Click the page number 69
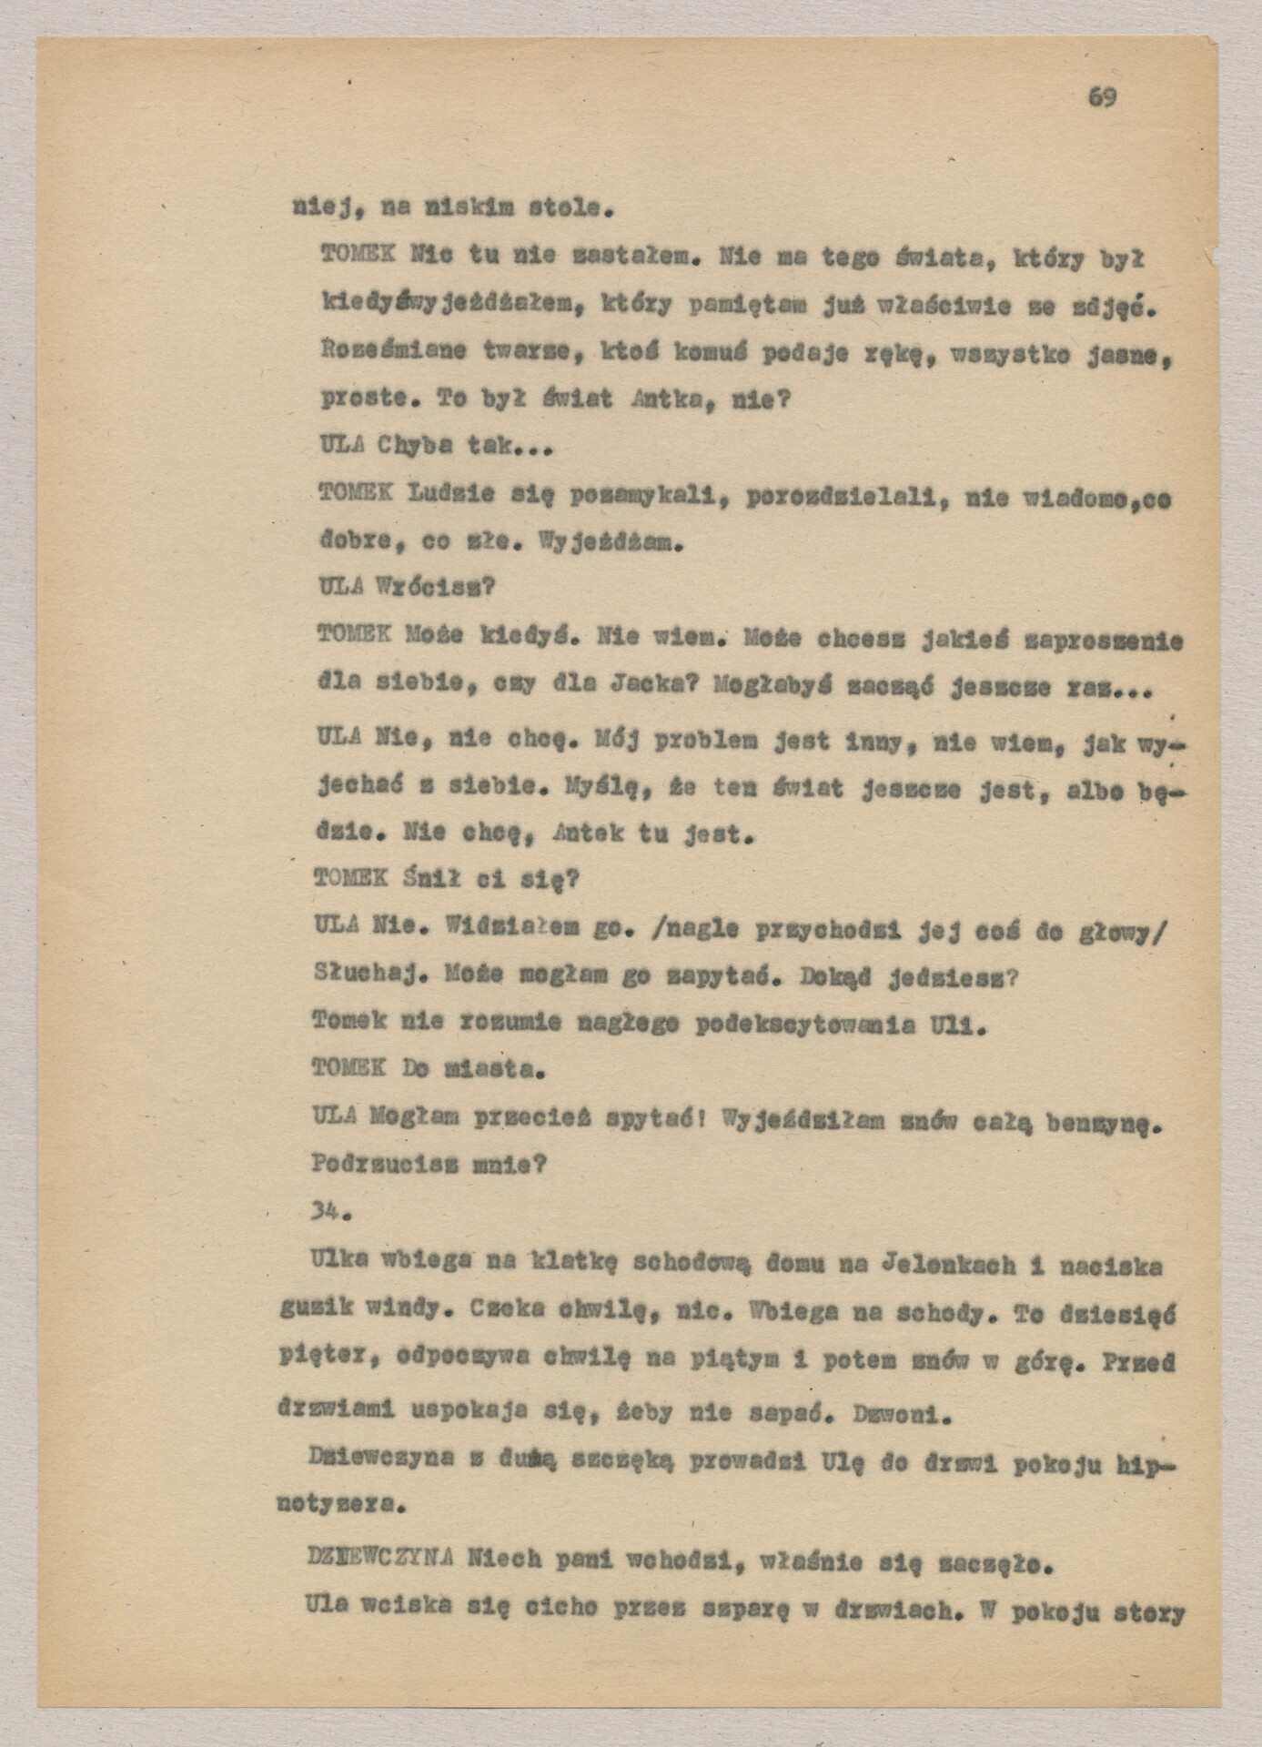(x=1101, y=97)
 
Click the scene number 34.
(x=325, y=1212)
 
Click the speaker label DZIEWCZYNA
(x=381, y=1560)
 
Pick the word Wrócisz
(x=435, y=587)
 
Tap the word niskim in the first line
(x=465, y=208)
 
